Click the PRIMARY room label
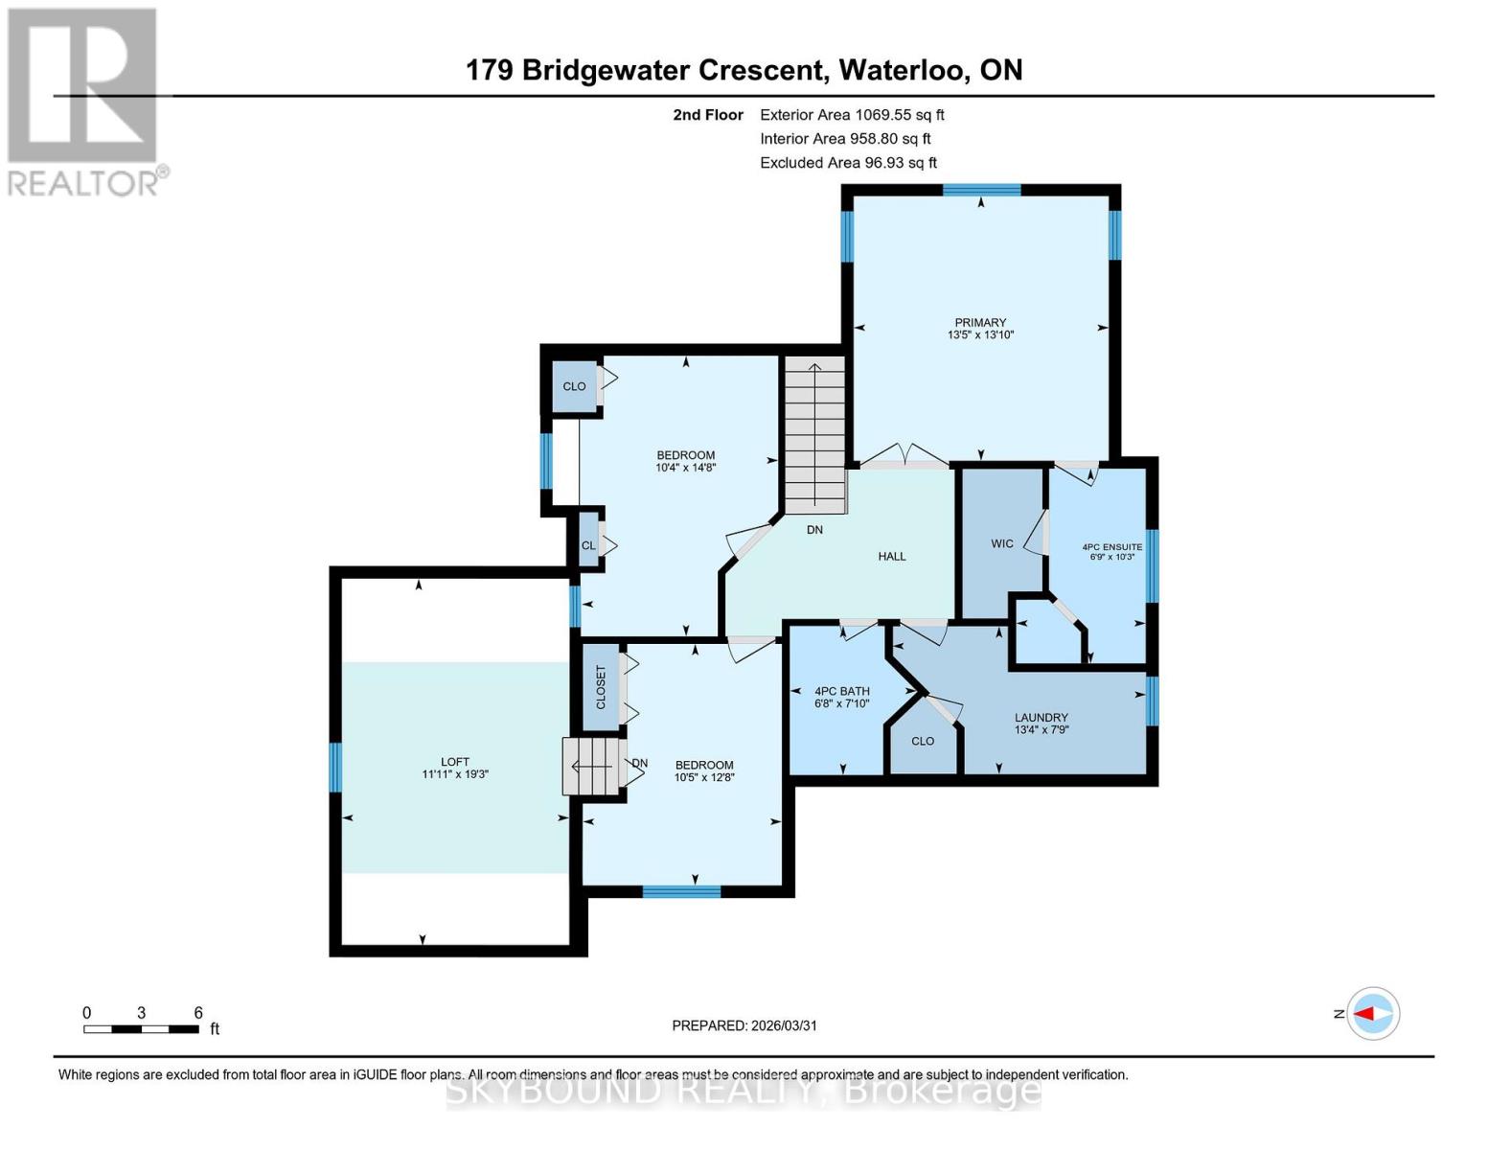coord(980,323)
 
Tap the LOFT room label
coord(455,763)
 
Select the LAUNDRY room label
coord(1041,718)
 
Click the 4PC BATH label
coord(841,691)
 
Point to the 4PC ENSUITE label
coord(1111,547)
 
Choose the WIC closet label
coord(1002,543)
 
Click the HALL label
coord(891,557)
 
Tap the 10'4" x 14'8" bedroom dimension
coord(685,469)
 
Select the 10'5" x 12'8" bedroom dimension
coord(704,778)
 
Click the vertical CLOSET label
coord(602,687)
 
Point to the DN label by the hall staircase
coord(814,530)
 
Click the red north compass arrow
coord(1371,1013)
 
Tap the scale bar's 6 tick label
coord(198,1013)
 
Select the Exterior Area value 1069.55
coord(885,115)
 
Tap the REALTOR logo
coord(84,102)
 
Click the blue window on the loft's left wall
coord(335,768)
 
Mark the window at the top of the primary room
coord(981,190)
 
